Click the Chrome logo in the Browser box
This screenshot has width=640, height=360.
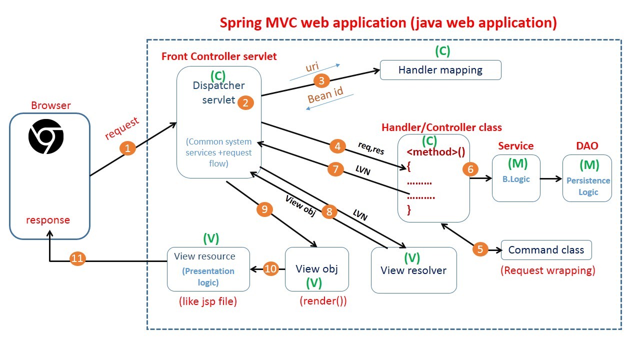click(46, 136)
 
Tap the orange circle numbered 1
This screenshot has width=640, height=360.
click(127, 148)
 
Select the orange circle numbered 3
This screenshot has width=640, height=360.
click(322, 80)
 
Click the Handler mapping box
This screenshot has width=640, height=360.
click(440, 70)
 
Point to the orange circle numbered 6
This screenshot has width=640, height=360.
click(470, 169)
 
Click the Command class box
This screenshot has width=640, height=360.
click(546, 250)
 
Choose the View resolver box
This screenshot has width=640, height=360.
click(413, 270)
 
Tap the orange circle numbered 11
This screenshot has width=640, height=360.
click(77, 258)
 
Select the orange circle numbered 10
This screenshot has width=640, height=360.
click(270, 269)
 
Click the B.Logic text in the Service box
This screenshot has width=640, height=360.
click(516, 179)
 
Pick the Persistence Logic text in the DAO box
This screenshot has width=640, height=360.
click(588, 186)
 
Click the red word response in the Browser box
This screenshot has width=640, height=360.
click(48, 220)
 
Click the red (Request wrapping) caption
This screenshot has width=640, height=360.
click(548, 271)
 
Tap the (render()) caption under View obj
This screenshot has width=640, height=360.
click(323, 301)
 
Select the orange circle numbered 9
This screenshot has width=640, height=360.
click(264, 209)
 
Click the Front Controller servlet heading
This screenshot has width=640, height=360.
click(219, 56)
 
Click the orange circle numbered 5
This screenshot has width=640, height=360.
click(480, 249)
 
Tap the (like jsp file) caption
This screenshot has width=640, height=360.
click(207, 301)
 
